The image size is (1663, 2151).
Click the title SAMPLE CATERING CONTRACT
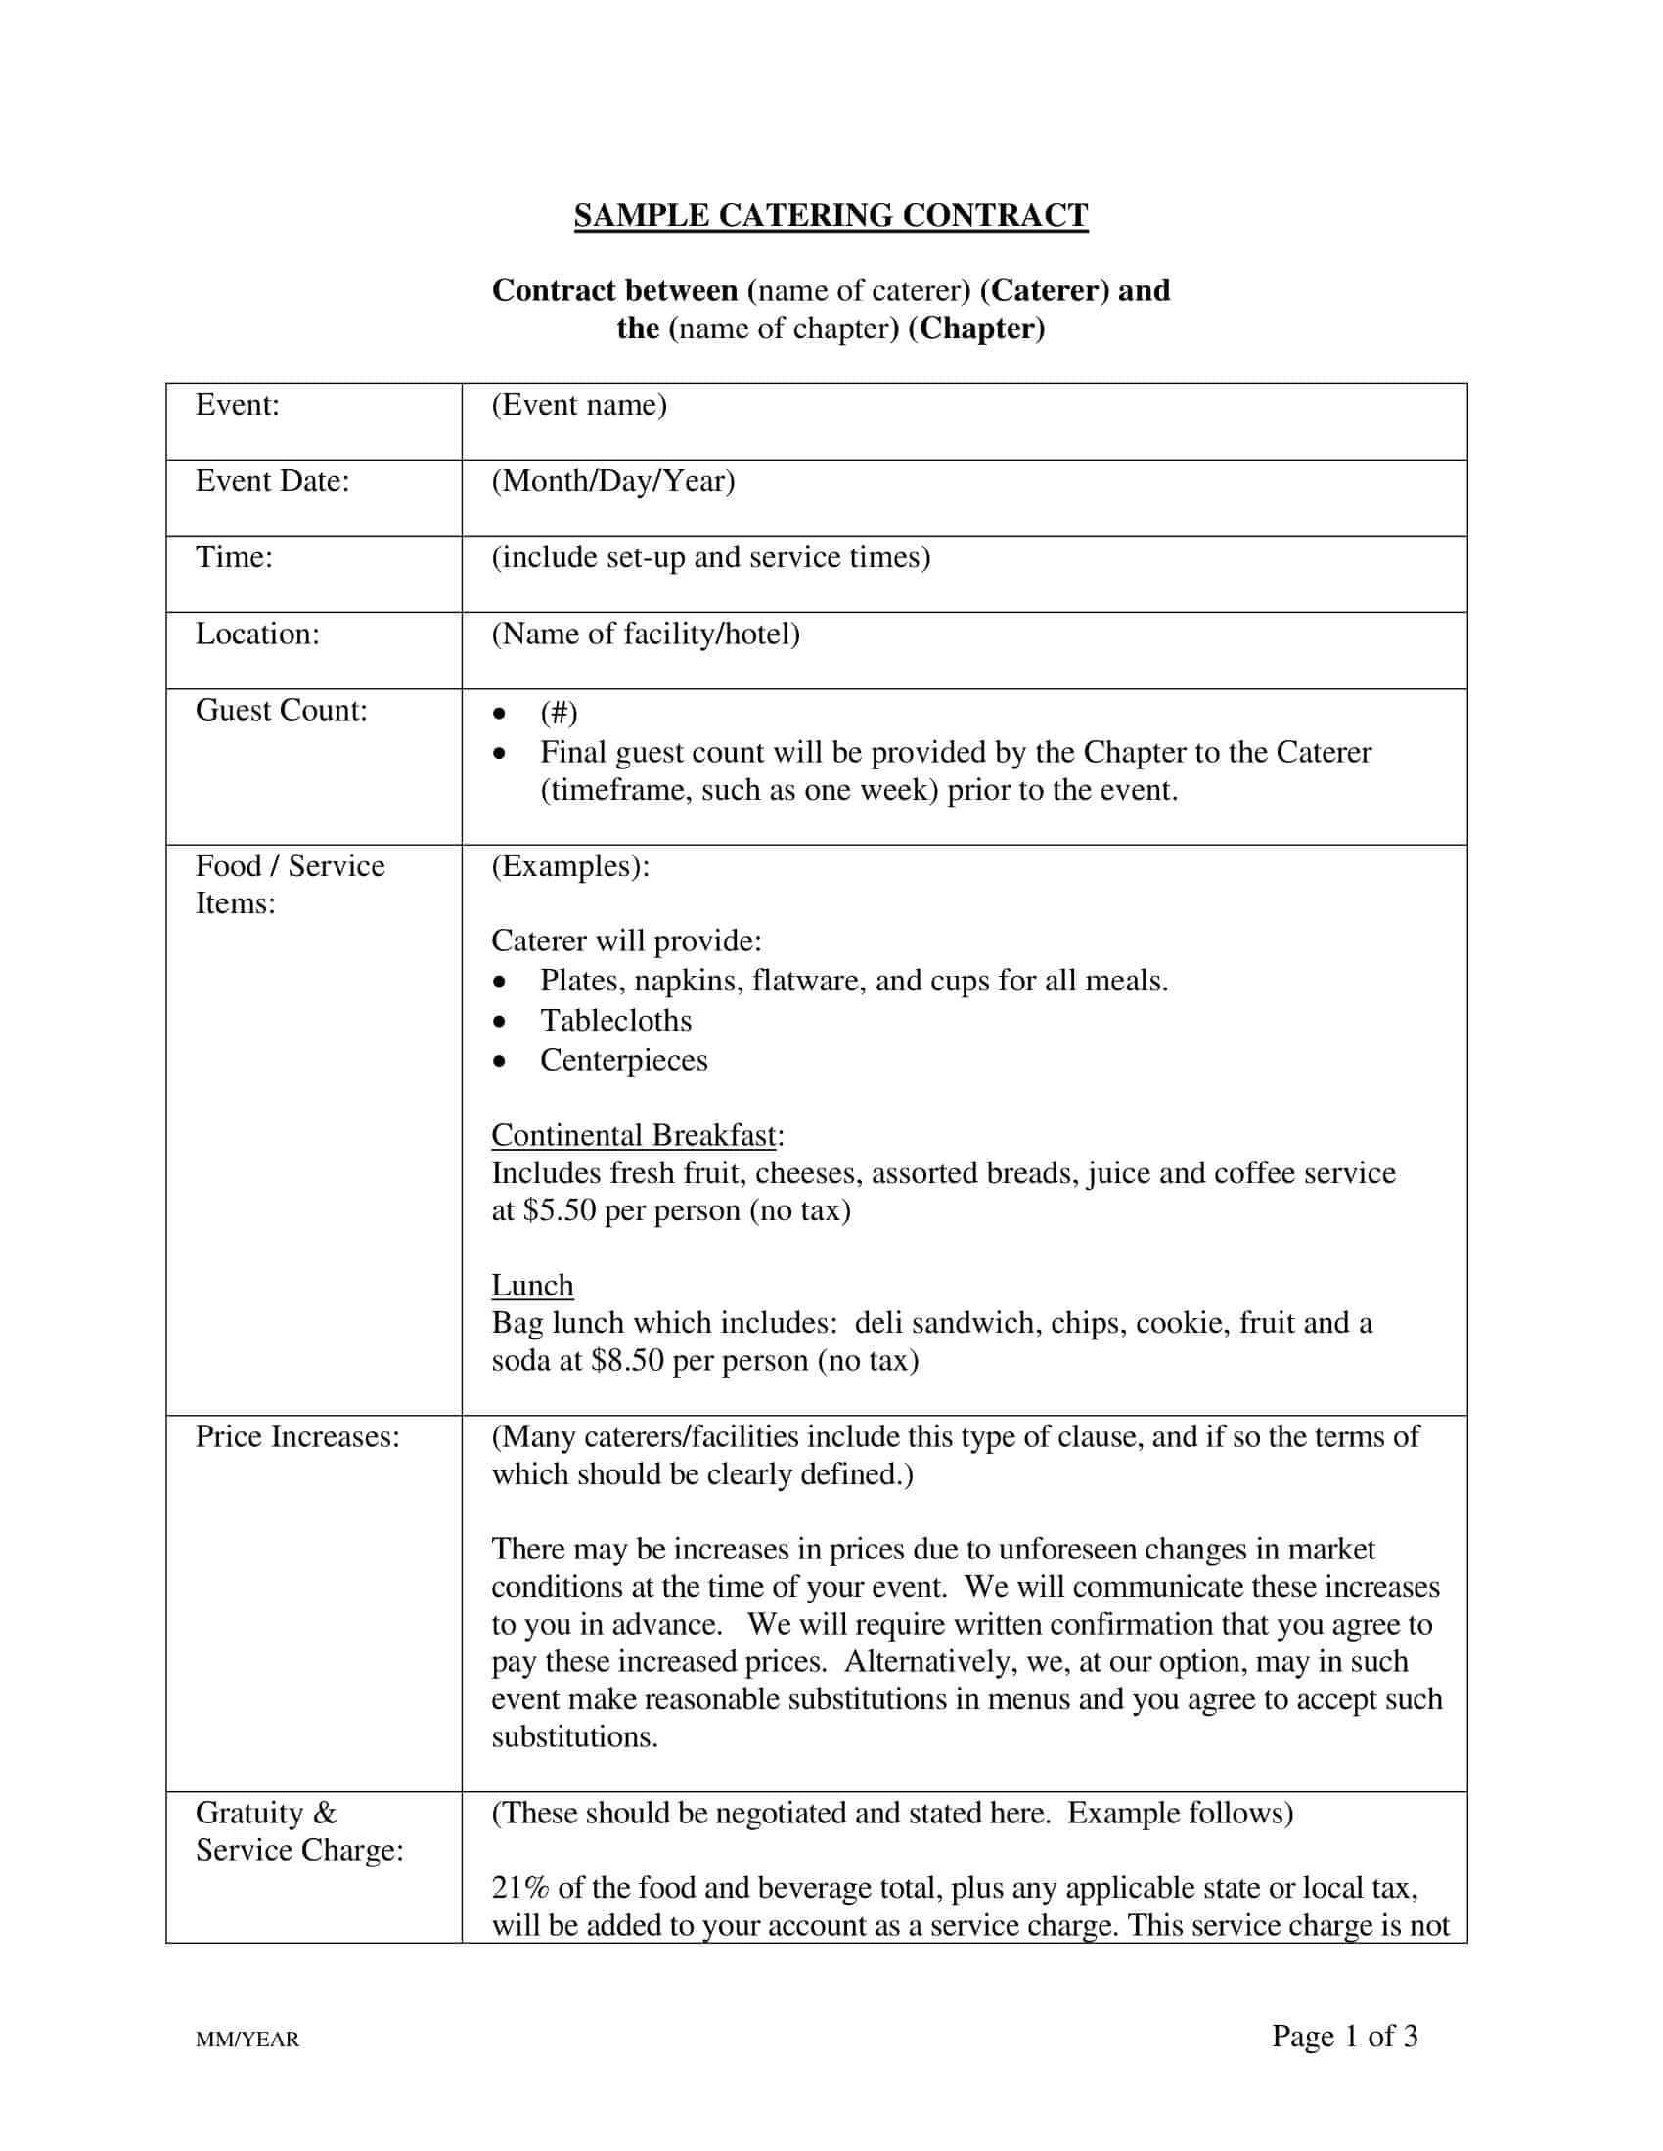[x=831, y=216]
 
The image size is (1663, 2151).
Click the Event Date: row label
[x=272, y=481]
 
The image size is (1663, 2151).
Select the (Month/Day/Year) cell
[x=612, y=481]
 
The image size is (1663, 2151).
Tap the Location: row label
[x=257, y=634]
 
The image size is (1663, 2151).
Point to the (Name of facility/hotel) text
[x=646, y=634]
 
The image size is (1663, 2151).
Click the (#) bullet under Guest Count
[x=559, y=712]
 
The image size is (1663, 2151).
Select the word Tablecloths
[x=615, y=1021]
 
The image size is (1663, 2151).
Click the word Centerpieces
[x=624, y=1060]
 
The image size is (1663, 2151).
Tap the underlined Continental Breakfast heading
[x=635, y=1135]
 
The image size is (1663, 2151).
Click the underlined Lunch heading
[x=532, y=1286]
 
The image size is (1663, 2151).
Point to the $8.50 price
[x=627, y=1360]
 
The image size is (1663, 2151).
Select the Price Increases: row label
[x=297, y=1436]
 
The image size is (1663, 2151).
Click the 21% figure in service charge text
[x=519, y=1887]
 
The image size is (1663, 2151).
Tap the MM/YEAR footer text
[x=247, y=2039]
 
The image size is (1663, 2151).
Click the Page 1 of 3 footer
[x=1344, y=2036]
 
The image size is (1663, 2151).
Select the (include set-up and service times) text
[x=710, y=557]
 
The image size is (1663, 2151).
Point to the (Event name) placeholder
[x=579, y=405]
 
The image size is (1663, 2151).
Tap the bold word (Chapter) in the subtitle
[x=975, y=328]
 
